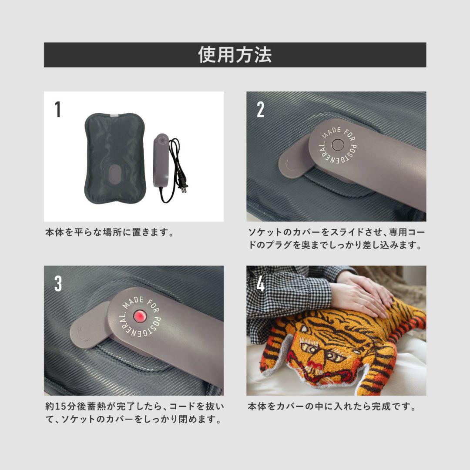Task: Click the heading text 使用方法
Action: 235,55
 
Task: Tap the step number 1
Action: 57,110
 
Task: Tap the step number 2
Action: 260,110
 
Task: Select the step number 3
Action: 58,284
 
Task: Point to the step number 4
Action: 260,284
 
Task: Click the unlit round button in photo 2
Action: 338,145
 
